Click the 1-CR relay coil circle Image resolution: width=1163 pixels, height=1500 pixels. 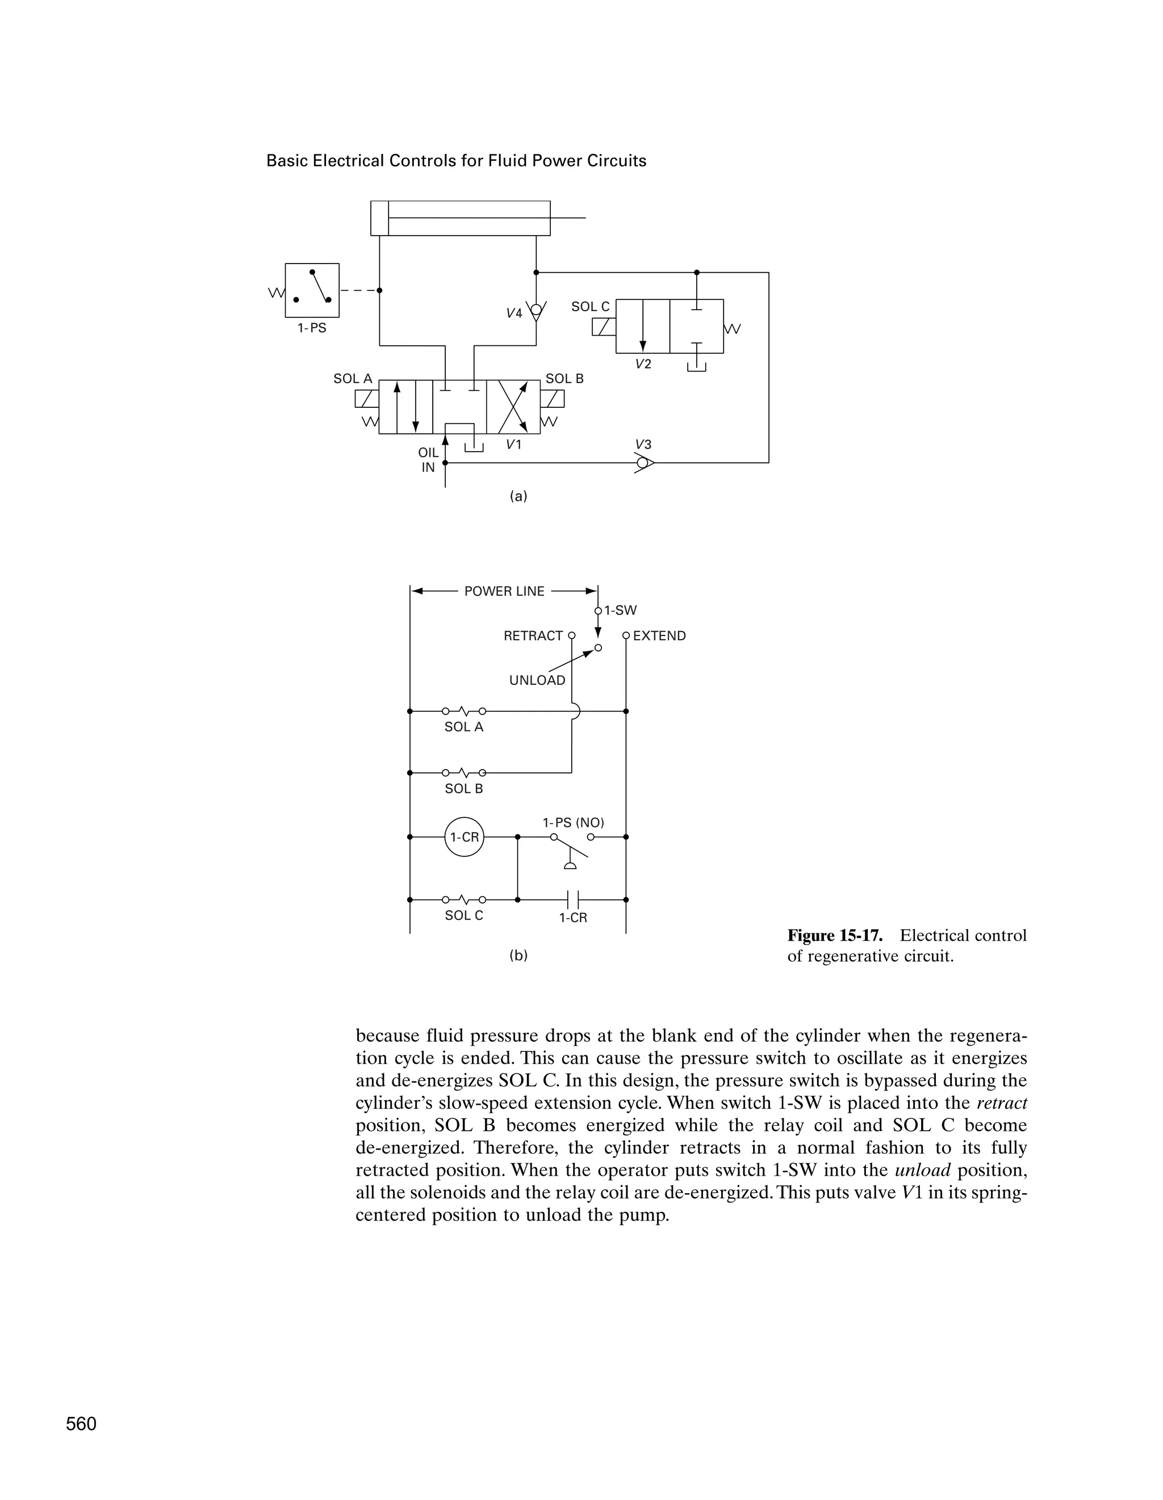pos(464,837)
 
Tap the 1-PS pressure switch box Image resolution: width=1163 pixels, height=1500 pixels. pos(312,290)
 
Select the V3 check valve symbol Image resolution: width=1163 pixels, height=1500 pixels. pos(643,463)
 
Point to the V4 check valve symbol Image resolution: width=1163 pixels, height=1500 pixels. pos(536,311)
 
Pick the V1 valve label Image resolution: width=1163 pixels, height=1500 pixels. pos(513,444)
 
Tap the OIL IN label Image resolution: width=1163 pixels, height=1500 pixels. pos(428,460)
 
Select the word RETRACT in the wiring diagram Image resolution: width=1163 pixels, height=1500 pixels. pos(533,636)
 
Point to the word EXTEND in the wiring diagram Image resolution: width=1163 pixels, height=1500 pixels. pos(659,636)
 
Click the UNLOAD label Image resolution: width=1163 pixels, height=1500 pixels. pos(537,680)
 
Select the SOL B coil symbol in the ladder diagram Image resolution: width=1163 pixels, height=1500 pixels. pos(464,772)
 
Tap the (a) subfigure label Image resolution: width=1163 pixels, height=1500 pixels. pos(518,496)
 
